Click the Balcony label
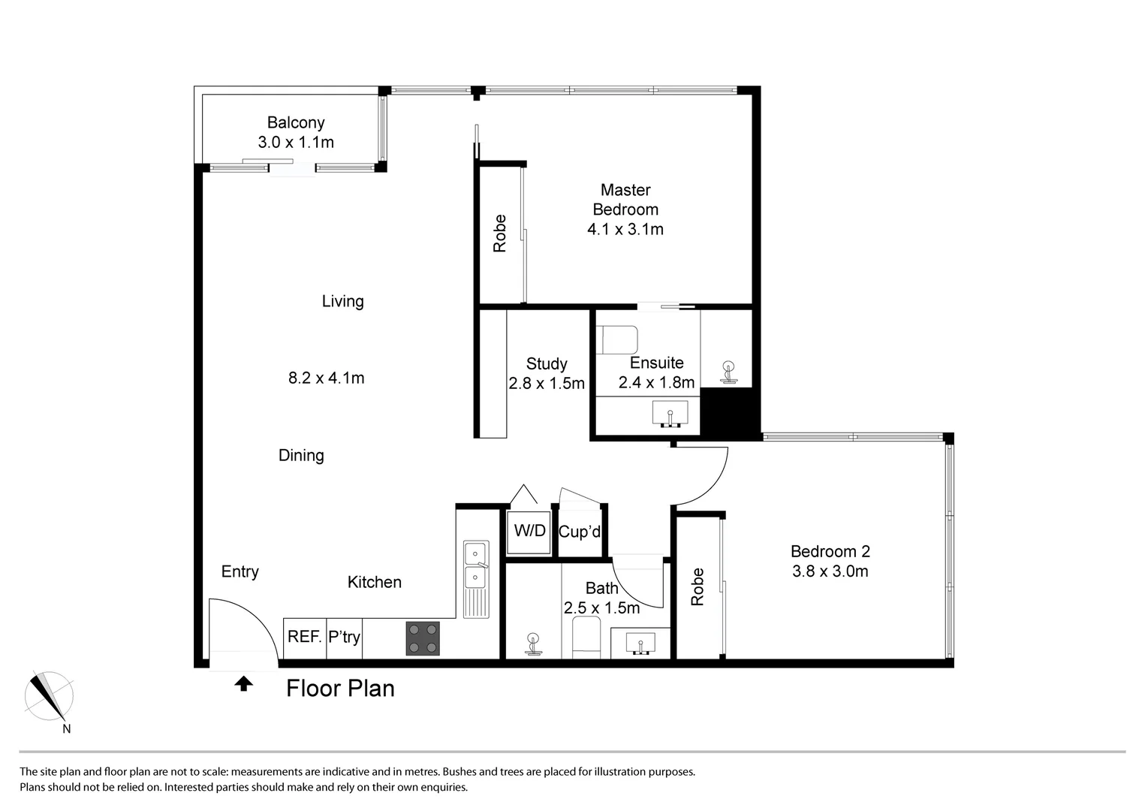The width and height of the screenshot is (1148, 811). [296, 122]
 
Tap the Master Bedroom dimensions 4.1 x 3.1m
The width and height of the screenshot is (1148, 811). [625, 229]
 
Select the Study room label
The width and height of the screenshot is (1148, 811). [546, 364]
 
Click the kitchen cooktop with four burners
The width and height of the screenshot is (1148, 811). [423, 638]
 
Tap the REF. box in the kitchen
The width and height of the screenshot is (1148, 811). [305, 637]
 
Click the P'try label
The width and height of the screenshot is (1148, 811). [344, 637]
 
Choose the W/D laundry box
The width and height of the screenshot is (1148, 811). [529, 532]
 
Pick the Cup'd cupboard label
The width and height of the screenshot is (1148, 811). [580, 532]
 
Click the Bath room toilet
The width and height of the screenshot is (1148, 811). [533, 644]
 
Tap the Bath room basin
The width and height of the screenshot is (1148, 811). [640, 644]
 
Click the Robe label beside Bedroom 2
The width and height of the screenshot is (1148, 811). [698, 586]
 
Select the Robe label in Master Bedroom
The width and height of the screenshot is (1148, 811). [500, 234]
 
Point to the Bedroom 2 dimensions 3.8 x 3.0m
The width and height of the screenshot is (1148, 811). [830, 571]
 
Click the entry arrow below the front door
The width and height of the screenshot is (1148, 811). [243, 683]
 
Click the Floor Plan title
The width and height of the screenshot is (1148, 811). [340, 689]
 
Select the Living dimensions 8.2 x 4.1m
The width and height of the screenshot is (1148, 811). [326, 378]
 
